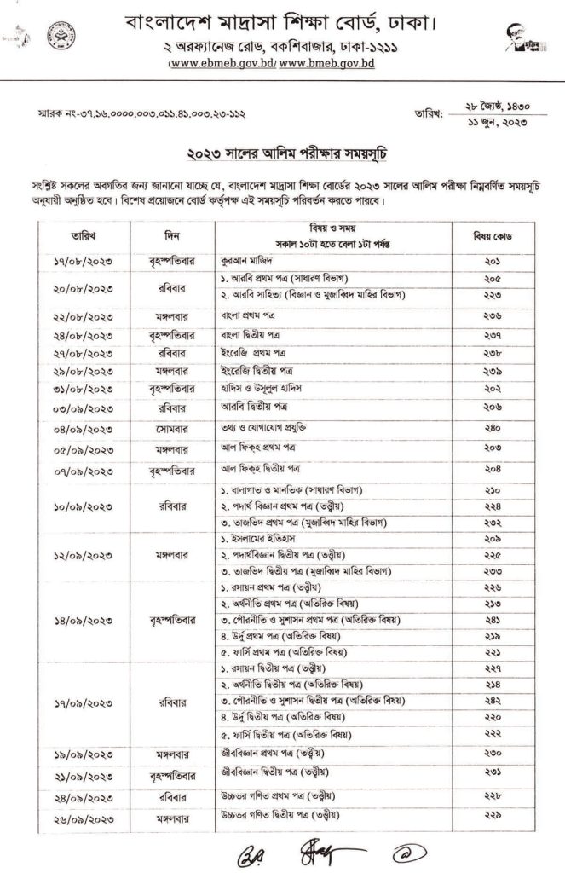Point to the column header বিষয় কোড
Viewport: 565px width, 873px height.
[x=493, y=234]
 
